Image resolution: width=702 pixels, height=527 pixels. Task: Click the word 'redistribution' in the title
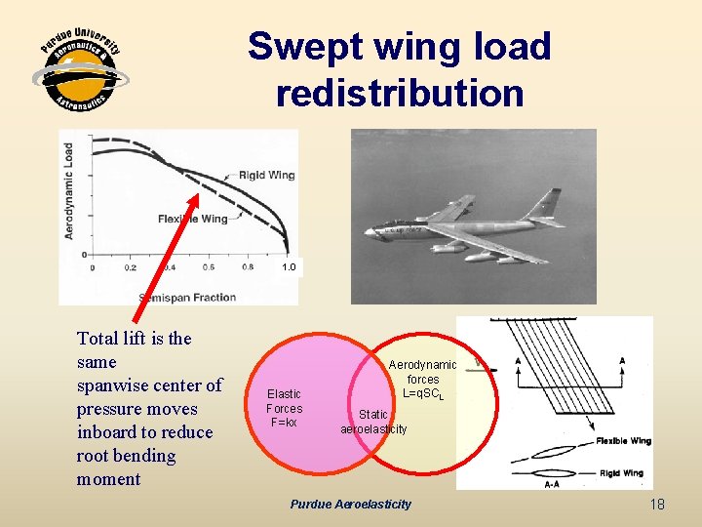(400, 94)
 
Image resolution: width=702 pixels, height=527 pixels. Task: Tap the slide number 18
(656, 504)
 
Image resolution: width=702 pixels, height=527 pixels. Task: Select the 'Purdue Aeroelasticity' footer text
(351, 504)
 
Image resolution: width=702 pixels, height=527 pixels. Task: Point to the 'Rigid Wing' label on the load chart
(266, 176)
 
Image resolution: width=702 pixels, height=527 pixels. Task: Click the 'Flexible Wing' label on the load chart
(192, 219)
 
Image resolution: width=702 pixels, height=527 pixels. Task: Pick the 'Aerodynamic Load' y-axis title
(68, 192)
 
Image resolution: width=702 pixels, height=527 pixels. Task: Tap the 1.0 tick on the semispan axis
(288, 266)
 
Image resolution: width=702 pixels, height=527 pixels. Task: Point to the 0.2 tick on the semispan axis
(131, 267)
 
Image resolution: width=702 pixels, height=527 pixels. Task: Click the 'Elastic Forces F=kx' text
(284, 408)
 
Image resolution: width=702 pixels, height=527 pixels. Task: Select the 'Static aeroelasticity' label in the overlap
(373, 422)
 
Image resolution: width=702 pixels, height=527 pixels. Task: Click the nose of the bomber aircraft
(367, 233)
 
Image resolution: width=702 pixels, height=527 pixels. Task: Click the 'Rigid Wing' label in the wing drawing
(621, 473)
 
